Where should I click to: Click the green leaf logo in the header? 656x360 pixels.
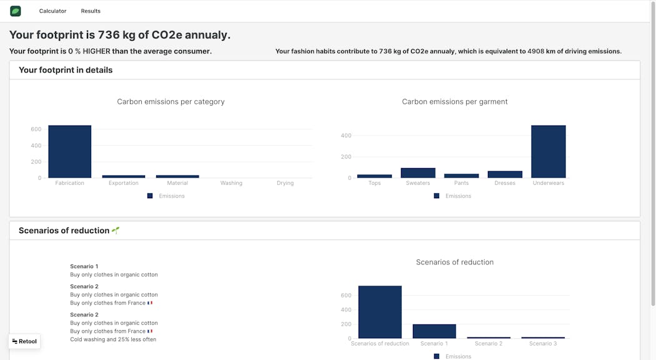point(16,11)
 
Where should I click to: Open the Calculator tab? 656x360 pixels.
point(52,11)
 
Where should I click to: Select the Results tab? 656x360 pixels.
point(91,11)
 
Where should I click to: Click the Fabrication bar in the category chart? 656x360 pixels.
point(69,152)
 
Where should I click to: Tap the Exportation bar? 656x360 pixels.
point(123,176)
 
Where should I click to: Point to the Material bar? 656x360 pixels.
point(177,176)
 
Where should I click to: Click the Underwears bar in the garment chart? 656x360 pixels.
point(548,152)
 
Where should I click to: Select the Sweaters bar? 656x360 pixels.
point(418,172)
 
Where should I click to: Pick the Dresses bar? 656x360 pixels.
point(505,174)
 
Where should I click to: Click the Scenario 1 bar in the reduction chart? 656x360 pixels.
point(434,331)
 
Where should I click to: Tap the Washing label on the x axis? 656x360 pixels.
point(231,183)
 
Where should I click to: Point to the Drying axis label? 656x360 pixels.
point(285,183)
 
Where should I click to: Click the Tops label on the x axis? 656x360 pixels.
point(374,183)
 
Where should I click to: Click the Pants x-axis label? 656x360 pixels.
point(461,183)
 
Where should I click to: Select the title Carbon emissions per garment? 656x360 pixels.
point(454,102)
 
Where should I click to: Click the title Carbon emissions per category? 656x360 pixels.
point(171,102)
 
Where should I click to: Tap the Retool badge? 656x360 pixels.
point(25,341)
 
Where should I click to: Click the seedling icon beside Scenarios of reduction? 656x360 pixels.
point(116,230)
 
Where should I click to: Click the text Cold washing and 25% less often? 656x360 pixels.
point(113,339)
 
